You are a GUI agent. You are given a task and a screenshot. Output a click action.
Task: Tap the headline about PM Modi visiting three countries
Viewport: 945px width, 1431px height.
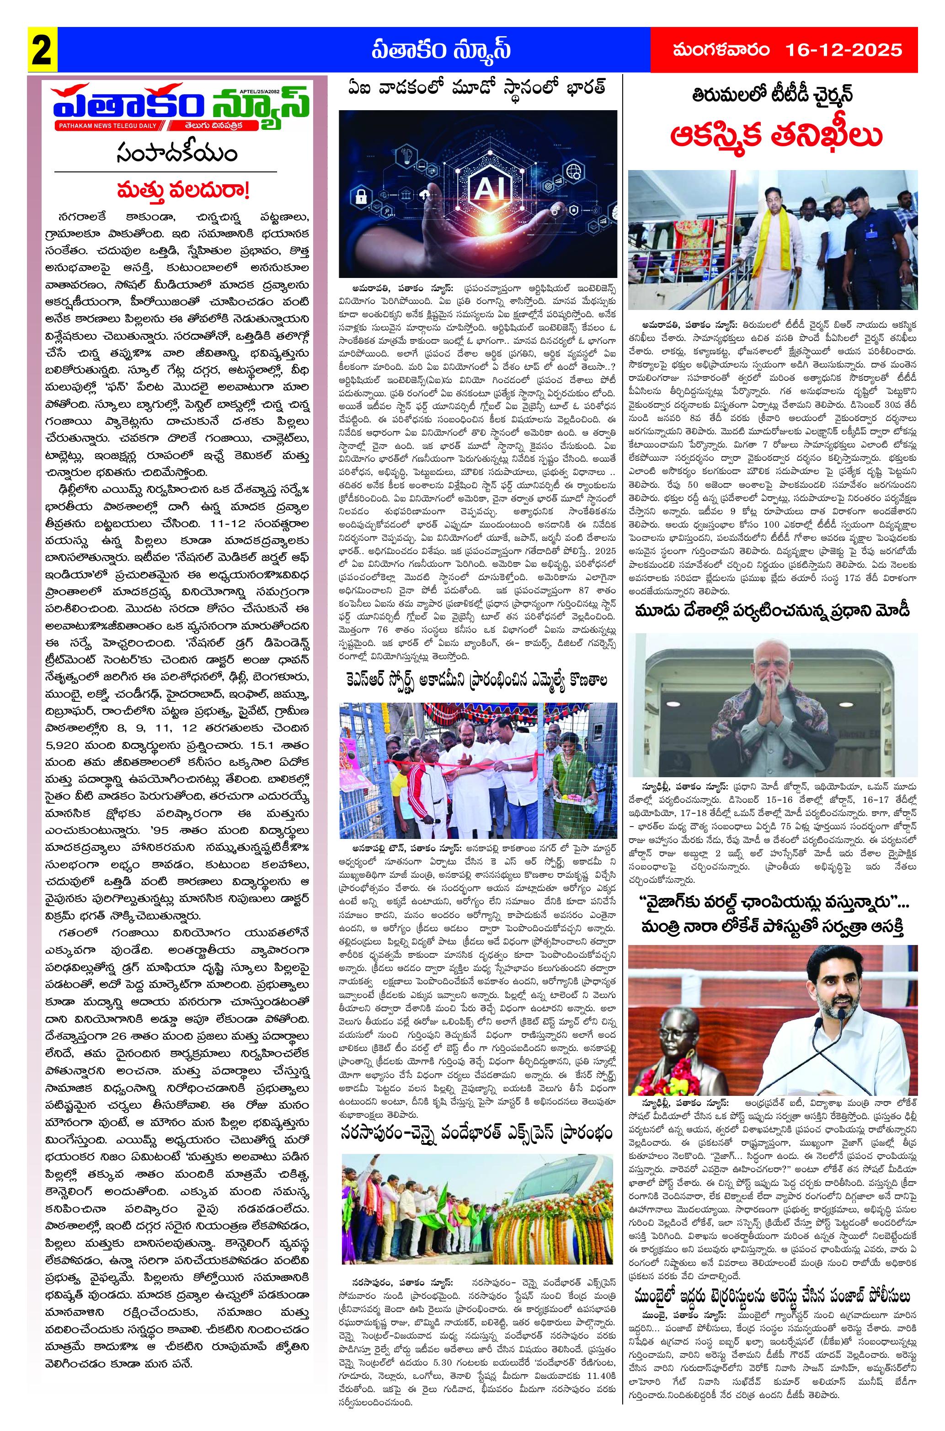coord(773,611)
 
